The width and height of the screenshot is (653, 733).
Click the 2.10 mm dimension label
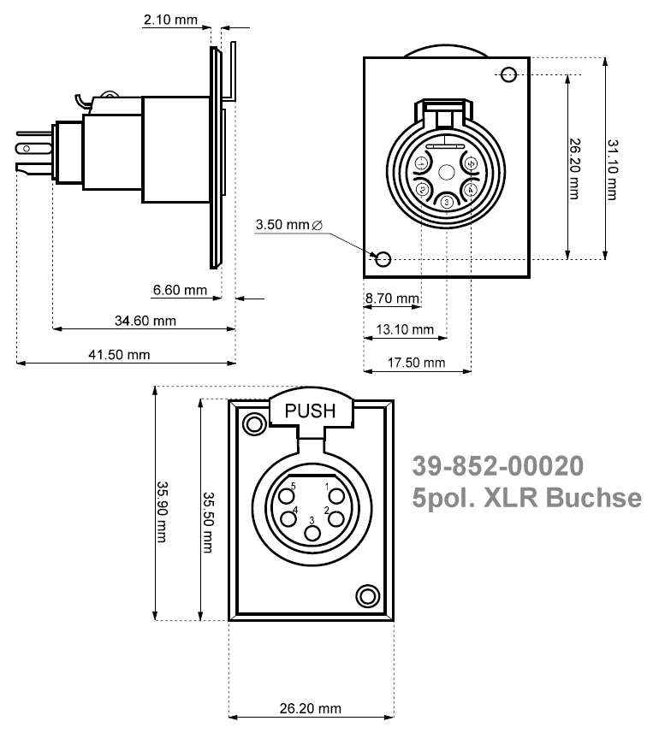[x=170, y=20]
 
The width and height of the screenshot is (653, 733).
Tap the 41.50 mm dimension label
[x=120, y=354]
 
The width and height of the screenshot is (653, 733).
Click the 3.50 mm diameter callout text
[x=288, y=225]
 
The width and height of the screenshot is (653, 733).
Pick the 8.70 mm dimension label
[x=392, y=299]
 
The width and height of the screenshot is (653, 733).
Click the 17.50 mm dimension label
[x=417, y=362]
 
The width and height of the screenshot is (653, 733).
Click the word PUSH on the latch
[x=311, y=411]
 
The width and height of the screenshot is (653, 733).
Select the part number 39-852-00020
[x=498, y=465]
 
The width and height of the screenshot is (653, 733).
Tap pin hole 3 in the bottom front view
[x=312, y=534]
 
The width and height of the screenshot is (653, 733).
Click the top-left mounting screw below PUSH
[x=254, y=423]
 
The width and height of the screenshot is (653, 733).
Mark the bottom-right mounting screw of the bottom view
[x=368, y=595]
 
